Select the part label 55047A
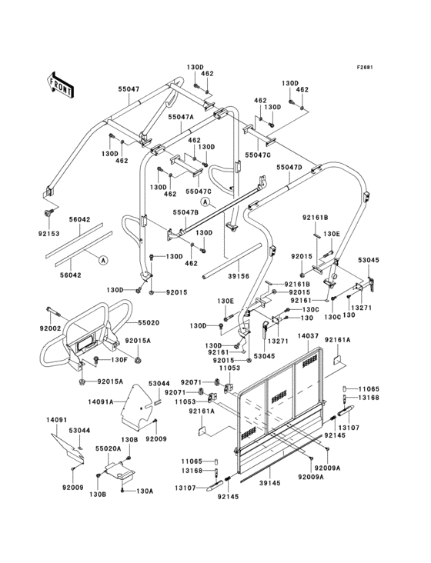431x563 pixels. (x=181, y=117)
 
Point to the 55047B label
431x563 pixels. (x=185, y=212)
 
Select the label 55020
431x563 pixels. (x=149, y=324)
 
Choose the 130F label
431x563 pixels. (x=119, y=359)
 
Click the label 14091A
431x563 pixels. (x=101, y=401)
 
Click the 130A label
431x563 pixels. (x=145, y=491)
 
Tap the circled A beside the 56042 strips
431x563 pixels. (x=102, y=260)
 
